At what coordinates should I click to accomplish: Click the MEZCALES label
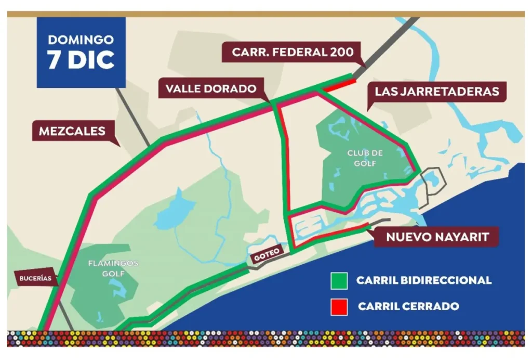point(72,132)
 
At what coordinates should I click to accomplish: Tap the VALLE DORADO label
point(211,89)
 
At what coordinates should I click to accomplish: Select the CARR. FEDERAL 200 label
point(293,52)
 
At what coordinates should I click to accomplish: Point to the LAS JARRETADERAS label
point(436,92)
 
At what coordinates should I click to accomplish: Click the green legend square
point(339,281)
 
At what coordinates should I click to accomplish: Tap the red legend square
point(339,306)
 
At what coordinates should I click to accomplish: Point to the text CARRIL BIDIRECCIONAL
point(423,281)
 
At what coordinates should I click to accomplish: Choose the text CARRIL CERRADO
point(408,306)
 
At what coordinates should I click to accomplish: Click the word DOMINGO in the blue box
point(81,40)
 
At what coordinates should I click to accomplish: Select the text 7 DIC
point(81,60)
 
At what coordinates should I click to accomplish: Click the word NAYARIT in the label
point(462,237)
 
